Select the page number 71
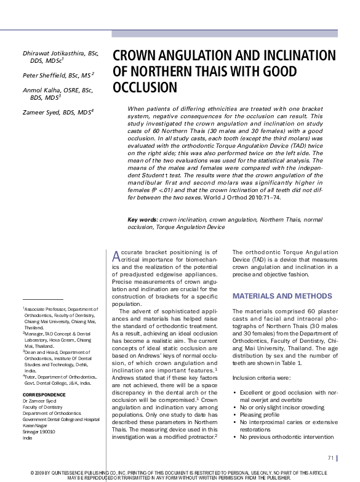point(331,457)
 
